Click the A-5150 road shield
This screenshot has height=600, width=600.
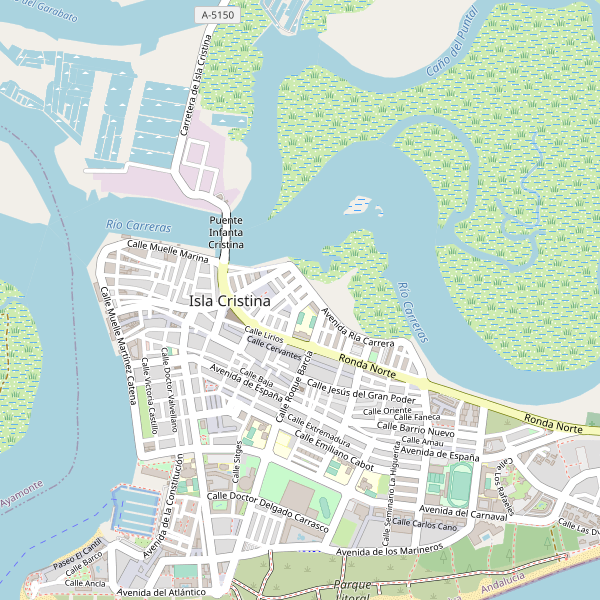217,15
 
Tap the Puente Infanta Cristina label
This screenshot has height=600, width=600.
226,232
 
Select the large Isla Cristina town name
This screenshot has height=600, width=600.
230,301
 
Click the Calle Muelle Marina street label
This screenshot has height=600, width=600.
167,251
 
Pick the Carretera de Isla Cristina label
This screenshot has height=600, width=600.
193,86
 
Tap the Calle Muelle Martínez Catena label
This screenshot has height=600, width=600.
118,339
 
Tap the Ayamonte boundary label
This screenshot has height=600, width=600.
20,492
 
